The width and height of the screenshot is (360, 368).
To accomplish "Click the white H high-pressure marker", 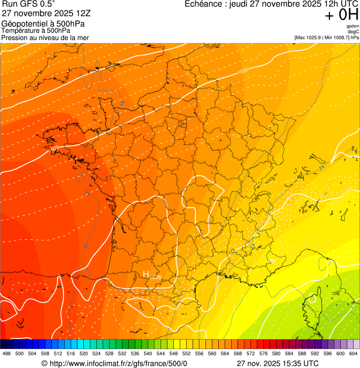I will pyautogui.click(x=146, y=274).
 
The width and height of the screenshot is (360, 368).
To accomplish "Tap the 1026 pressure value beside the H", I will pyautogui.click(x=156, y=278).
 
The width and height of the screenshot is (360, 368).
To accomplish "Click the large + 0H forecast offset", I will pyautogui.click(x=341, y=15).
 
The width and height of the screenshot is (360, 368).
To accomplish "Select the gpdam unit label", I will pyautogui.click(x=353, y=26).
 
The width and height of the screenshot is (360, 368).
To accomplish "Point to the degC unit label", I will pyautogui.click(x=354, y=31).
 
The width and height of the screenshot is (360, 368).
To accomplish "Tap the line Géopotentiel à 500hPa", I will pyautogui.click(x=43, y=24).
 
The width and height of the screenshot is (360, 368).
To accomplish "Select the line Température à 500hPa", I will pyautogui.click(x=40, y=30).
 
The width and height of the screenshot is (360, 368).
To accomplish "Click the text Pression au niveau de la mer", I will pyautogui.click(x=45, y=37).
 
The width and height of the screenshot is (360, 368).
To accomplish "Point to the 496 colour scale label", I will pyautogui.click(x=7, y=353).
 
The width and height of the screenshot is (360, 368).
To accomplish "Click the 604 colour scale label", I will pyautogui.click(x=353, y=353).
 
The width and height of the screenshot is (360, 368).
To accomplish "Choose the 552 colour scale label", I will pyautogui.click(x=186, y=353).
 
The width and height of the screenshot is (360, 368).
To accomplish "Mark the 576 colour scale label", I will pyautogui.click(x=263, y=353).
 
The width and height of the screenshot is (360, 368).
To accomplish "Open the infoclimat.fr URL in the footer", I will pyautogui.click(x=115, y=363).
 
